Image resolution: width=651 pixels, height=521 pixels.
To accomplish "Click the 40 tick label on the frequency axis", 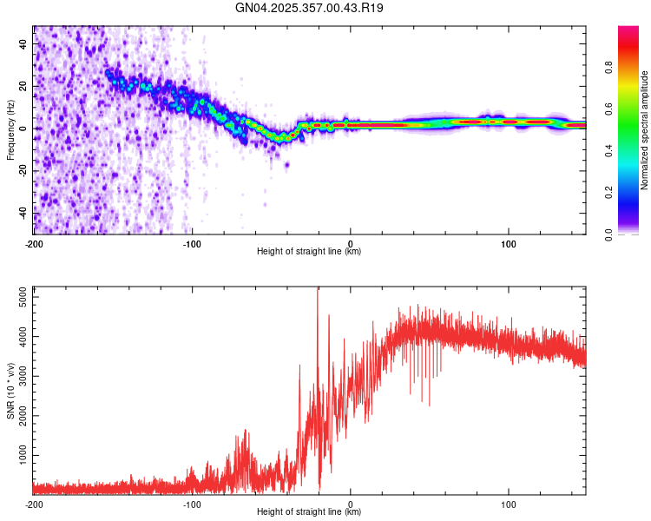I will tap(23, 43).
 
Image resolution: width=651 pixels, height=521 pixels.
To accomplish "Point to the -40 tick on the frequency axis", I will tap(23, 212).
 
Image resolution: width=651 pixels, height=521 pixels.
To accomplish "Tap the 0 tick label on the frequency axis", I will tap(23, 129).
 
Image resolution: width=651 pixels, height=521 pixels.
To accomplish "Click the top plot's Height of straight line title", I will tap(309, 252).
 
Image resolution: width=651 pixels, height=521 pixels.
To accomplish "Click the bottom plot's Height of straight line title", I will tap(309, 512).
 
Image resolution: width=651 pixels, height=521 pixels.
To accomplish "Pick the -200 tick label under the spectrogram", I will tap(34, 244).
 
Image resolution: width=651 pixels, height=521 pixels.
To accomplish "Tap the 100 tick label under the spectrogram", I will tap(509, 244).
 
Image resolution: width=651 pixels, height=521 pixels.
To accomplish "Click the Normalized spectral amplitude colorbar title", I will tap(645, 130).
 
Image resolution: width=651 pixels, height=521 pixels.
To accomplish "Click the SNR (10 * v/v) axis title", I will tap(10, 391).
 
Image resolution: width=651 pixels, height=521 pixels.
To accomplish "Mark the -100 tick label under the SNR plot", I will tap(192, 505).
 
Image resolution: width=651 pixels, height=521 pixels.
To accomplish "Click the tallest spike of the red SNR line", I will tap(318, 290).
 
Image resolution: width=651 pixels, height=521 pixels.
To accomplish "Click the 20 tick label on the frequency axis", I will tap(23, 86).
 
